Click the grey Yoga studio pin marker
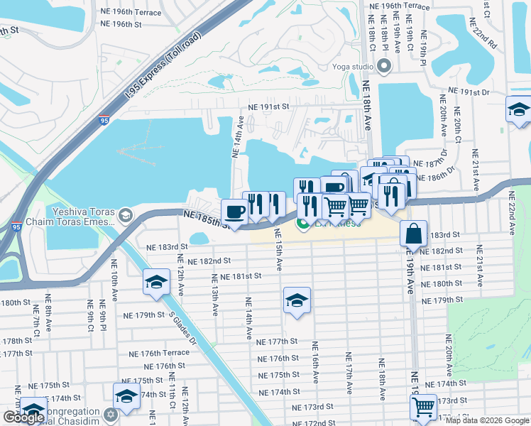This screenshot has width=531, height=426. pyautogui.click(x=385, y=67)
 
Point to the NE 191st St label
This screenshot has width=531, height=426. pyautogui.click(x=268, y=106)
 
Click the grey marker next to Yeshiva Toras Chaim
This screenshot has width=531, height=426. pyautogui.click(x=126, y=214)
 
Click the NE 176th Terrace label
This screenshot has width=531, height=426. pyautogui.click(x=160, y=353)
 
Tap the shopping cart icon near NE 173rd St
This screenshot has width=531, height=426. pyautogui.click(x=423, y=407)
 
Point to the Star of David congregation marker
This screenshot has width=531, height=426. pyautogui.click(x=110, y=414)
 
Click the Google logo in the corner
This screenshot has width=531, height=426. pyautogui.click(x=23, y=417)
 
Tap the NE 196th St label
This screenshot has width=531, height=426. pyautogui.click(x=121, y=24)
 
